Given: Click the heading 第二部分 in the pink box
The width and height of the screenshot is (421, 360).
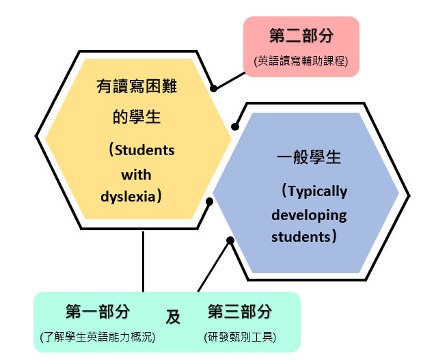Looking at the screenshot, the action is (x=301, y=36).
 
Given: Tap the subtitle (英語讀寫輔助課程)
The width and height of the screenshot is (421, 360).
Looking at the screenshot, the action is (x=301, y=61).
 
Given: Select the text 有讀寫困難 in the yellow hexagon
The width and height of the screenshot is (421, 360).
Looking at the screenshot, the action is (x=137, y=86).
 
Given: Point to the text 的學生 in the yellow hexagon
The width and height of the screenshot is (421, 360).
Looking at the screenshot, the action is (x=137, y=117).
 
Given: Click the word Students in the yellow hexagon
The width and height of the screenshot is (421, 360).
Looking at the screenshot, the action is (x=145, y=150).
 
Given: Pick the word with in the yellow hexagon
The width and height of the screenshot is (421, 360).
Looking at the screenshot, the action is (x=137, y=174).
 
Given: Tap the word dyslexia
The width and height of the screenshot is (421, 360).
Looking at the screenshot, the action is (x=128, y=197).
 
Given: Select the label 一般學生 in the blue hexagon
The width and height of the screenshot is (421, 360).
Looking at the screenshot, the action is (x=309, y=157).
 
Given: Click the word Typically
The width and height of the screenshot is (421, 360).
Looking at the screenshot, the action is (x=318, y=191).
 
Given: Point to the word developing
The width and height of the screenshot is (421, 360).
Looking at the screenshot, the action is (x=309, y=215).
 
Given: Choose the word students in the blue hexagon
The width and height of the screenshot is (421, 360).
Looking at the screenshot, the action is (x=301, y=237).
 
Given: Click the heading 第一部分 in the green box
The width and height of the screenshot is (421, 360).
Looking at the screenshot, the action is (x=98, y=311).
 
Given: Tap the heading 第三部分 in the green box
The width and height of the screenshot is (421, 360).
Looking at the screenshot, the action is (x=240, y=311).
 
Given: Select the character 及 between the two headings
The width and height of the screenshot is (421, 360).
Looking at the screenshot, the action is (x=173, y=317).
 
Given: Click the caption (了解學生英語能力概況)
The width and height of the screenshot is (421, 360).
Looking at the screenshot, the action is (x=98, y=337).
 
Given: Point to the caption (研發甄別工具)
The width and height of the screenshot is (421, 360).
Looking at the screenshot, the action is (x=240, y=337).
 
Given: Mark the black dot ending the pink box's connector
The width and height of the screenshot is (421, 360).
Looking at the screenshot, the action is (x=213, y=88).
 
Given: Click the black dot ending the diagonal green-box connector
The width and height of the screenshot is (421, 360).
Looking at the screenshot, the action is (x=230, y=240).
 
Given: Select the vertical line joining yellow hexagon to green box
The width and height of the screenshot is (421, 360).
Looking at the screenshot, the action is (x=143, y=261).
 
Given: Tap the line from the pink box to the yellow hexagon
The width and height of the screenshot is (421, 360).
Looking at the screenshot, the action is (x=230, y=81).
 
